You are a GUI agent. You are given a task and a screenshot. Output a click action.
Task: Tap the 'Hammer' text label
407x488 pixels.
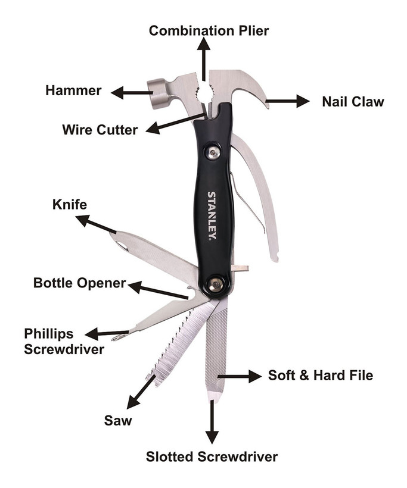[73, 91]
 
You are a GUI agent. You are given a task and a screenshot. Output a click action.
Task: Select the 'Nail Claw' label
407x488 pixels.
[353, 101]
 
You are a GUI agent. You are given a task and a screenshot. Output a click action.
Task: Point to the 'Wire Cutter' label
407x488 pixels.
[100, 129]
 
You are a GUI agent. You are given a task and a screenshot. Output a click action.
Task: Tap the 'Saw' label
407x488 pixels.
[117, 421]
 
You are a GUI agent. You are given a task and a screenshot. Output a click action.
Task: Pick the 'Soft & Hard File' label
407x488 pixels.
[320, 376]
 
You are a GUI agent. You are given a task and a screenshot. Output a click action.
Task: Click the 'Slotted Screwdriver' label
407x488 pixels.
[212, 457]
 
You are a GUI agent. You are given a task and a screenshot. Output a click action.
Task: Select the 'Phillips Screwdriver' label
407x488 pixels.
[64, 340]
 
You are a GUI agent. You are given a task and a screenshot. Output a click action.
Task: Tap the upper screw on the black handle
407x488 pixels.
[213, 153]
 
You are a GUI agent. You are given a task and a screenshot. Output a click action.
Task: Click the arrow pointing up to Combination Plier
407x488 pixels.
[204, 60]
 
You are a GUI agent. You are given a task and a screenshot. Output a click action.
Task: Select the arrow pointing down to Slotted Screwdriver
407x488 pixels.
[212, 422]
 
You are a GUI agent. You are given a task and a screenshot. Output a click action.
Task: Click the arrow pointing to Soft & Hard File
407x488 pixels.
[239, 376]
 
